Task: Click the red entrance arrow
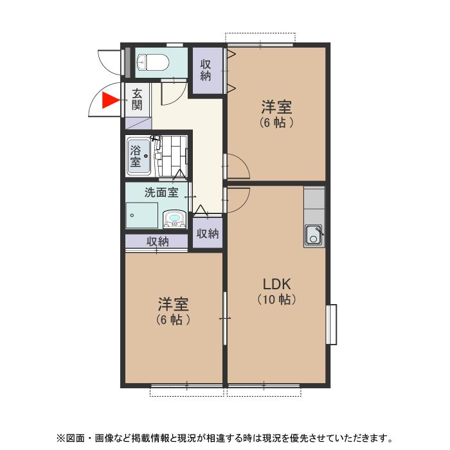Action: pos(111,100)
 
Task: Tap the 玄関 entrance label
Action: pos(137,100)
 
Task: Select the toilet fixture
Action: pos(152,62)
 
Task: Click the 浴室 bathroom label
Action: pos(136,156)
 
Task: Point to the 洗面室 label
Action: pos(161,192)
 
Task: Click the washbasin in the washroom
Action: pos(174,219)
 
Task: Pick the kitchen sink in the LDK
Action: pos(314,235)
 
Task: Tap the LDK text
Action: pos(277,284)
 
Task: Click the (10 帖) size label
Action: pos(276,300)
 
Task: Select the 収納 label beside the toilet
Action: pos(206,70)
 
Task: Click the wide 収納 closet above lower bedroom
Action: pos(157,241)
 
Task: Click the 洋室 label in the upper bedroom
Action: pos(276,107)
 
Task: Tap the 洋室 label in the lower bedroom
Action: pos(174,304)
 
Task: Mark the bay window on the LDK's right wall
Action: pos(331,324)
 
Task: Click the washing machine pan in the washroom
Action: pos(142,215)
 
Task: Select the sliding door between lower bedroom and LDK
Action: pos(225,318)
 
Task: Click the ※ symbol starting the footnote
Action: pos(61,438)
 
